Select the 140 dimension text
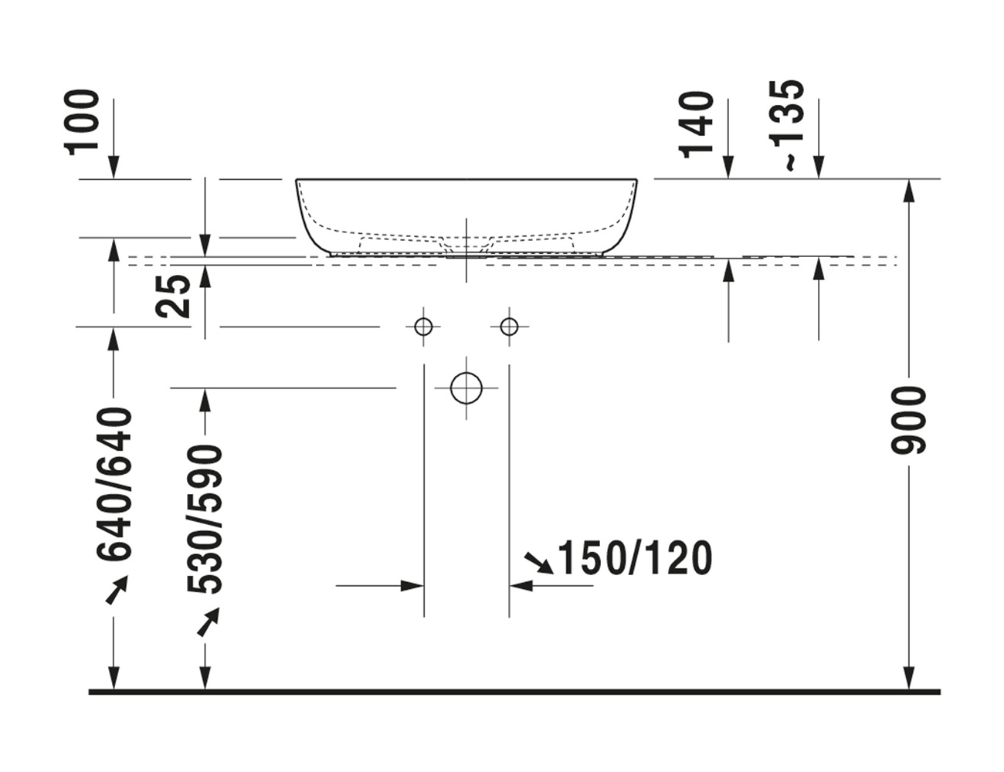[695, 125]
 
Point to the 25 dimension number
[173, 296]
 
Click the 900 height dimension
[909, 420]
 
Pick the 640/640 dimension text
[114, 484]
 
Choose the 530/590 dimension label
[205, 520]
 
